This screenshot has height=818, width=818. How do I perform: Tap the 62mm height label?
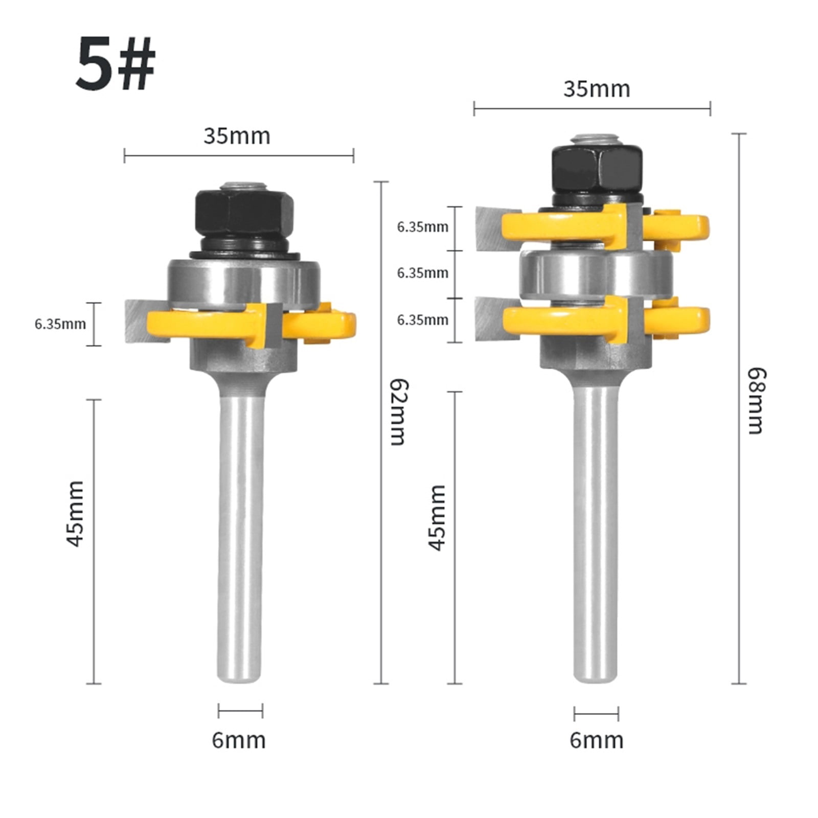(398, 412)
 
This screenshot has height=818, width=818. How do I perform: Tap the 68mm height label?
(756, 401)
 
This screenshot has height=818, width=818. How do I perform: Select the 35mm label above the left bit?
(237, 136)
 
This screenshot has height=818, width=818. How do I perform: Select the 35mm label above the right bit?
(597, 89)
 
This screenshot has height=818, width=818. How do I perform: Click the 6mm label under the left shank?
(239, 740)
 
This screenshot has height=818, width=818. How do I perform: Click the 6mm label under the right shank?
(597, 740)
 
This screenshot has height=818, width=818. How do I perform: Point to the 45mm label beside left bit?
(76, 513)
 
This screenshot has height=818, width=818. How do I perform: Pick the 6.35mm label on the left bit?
(60, 324)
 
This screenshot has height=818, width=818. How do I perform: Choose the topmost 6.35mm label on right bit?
(422, 227)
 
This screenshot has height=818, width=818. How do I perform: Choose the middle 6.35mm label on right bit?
(422, 273)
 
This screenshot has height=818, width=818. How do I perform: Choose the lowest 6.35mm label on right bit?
(422, 320)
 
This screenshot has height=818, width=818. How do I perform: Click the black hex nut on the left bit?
(243, 212)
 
